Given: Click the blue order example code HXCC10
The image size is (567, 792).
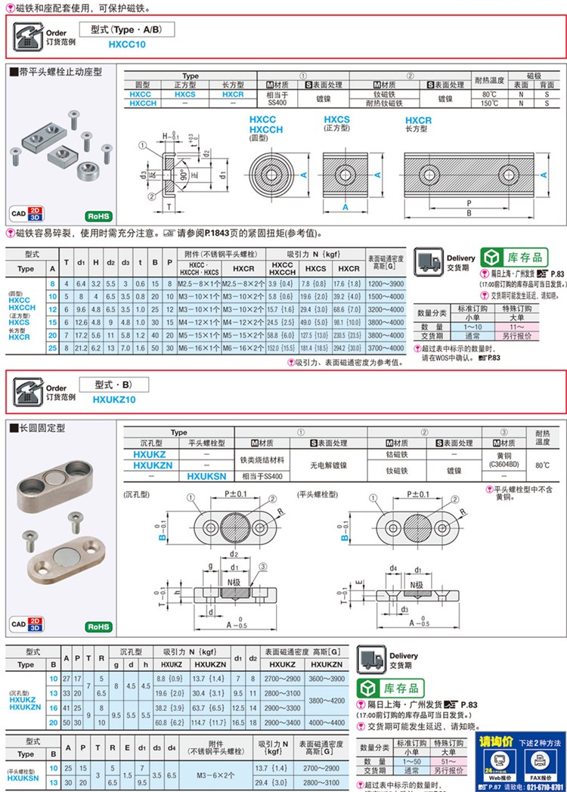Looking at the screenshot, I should click(126, 45).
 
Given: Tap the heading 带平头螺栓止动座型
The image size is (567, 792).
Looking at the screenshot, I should click(59, 72).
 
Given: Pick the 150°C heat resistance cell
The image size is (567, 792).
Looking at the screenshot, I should click(489, 103).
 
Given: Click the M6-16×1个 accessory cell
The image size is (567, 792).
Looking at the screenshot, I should click(200, 348).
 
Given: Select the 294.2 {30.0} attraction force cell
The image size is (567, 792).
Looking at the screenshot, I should click(349, 348).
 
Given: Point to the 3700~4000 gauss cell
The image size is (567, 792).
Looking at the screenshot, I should click(386, 348).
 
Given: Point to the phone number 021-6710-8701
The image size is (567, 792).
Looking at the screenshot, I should click(540, 787).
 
